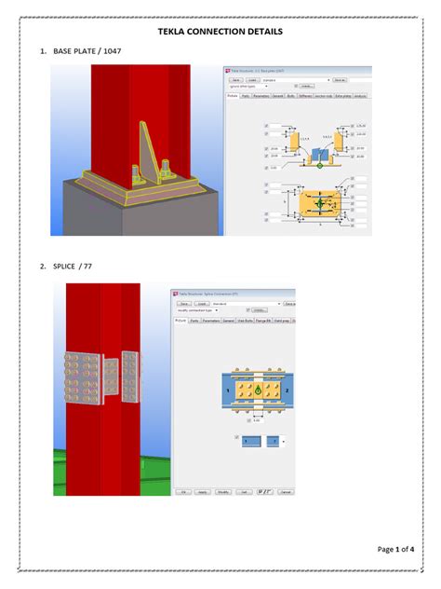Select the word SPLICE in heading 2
coord(66,267)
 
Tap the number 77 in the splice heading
coord(88,267)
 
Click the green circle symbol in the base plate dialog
coord(319,165)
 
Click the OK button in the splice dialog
coord(184,491)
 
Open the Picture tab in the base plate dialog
coord(233,96)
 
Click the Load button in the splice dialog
coord(203,303)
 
